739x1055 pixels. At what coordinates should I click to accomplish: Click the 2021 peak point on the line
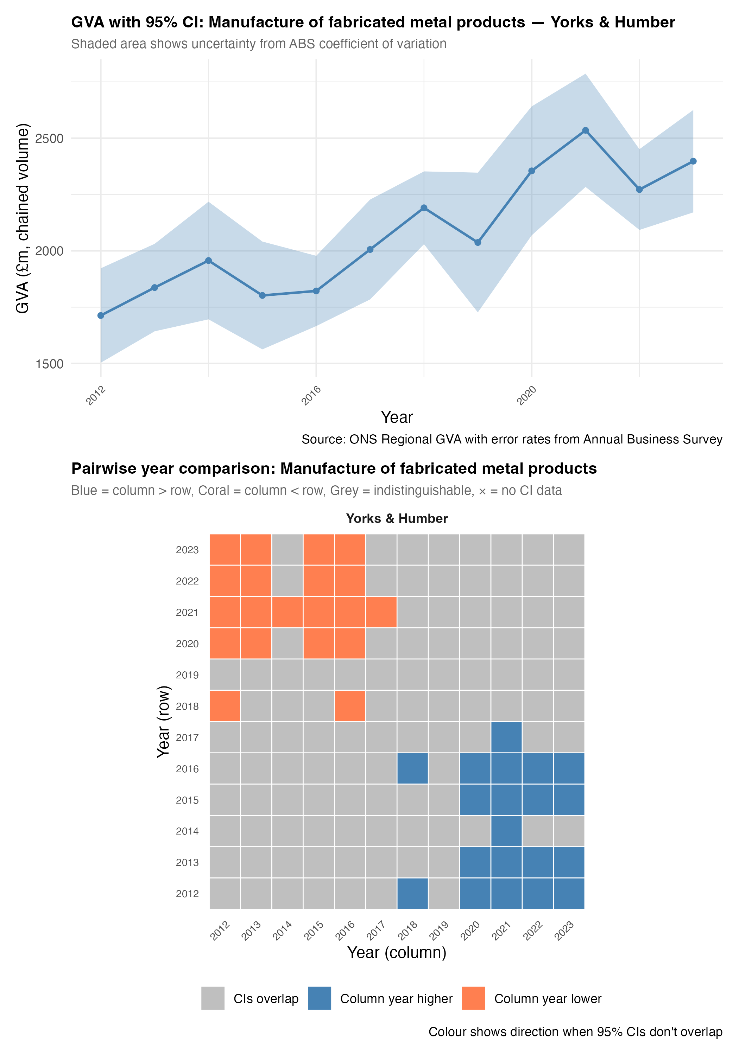click(586, 130)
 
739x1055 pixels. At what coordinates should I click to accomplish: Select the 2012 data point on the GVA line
click(101, 316)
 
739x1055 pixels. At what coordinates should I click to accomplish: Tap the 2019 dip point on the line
click(478, 242)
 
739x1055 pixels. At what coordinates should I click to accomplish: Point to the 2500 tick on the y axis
click(49, 138)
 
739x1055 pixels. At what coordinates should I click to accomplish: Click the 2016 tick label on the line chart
click(311, 396)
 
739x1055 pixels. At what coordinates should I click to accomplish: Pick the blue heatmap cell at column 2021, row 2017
click(506, 737)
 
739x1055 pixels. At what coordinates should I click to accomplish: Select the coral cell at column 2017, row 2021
click(381, 612)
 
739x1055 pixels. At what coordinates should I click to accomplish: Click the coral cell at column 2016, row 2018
click(350, 706)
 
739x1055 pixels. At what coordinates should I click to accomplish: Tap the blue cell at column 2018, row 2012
click(412, 893)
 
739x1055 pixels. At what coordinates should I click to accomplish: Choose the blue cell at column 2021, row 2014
click(506, 831)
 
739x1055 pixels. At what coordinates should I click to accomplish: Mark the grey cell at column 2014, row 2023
click(288, 550)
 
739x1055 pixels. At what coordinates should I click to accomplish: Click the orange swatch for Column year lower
click(473, 998)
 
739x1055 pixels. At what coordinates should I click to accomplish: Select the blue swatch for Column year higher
click(319, 998)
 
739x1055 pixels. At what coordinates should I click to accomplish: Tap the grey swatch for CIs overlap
click(213, 998)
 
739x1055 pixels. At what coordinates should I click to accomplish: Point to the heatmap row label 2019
click(187, 675)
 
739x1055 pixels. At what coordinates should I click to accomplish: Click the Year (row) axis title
click(163, 721)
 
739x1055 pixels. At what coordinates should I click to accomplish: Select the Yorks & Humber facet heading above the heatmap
click(396, 518)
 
